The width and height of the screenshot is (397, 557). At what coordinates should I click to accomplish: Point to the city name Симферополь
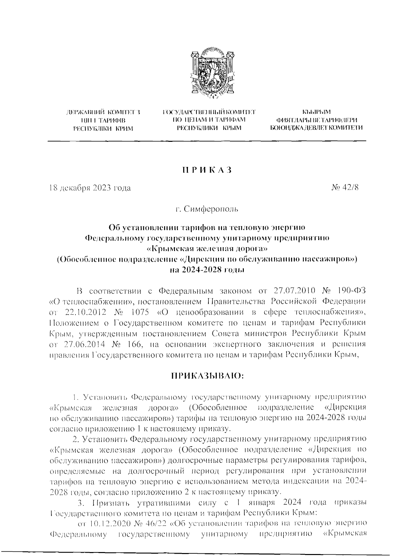tap(211, 209)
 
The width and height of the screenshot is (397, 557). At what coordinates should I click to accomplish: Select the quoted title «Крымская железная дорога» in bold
tap(207, 248)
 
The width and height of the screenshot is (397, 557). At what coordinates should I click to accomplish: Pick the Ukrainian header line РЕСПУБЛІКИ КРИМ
tap(103, 128)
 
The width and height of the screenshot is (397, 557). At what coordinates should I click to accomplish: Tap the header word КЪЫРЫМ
tap(317, 113)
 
